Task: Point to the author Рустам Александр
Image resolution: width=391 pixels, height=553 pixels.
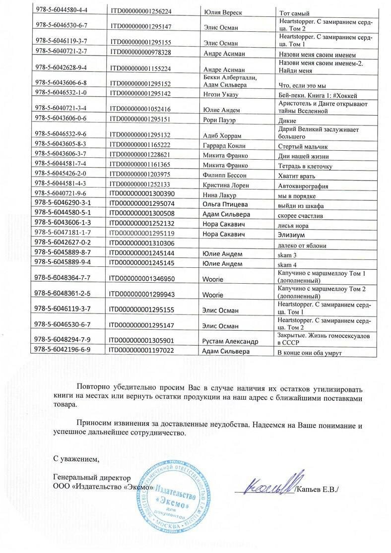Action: (x=231, y=341)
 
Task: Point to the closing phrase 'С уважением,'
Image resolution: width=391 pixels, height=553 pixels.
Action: (x=77, y=458)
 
